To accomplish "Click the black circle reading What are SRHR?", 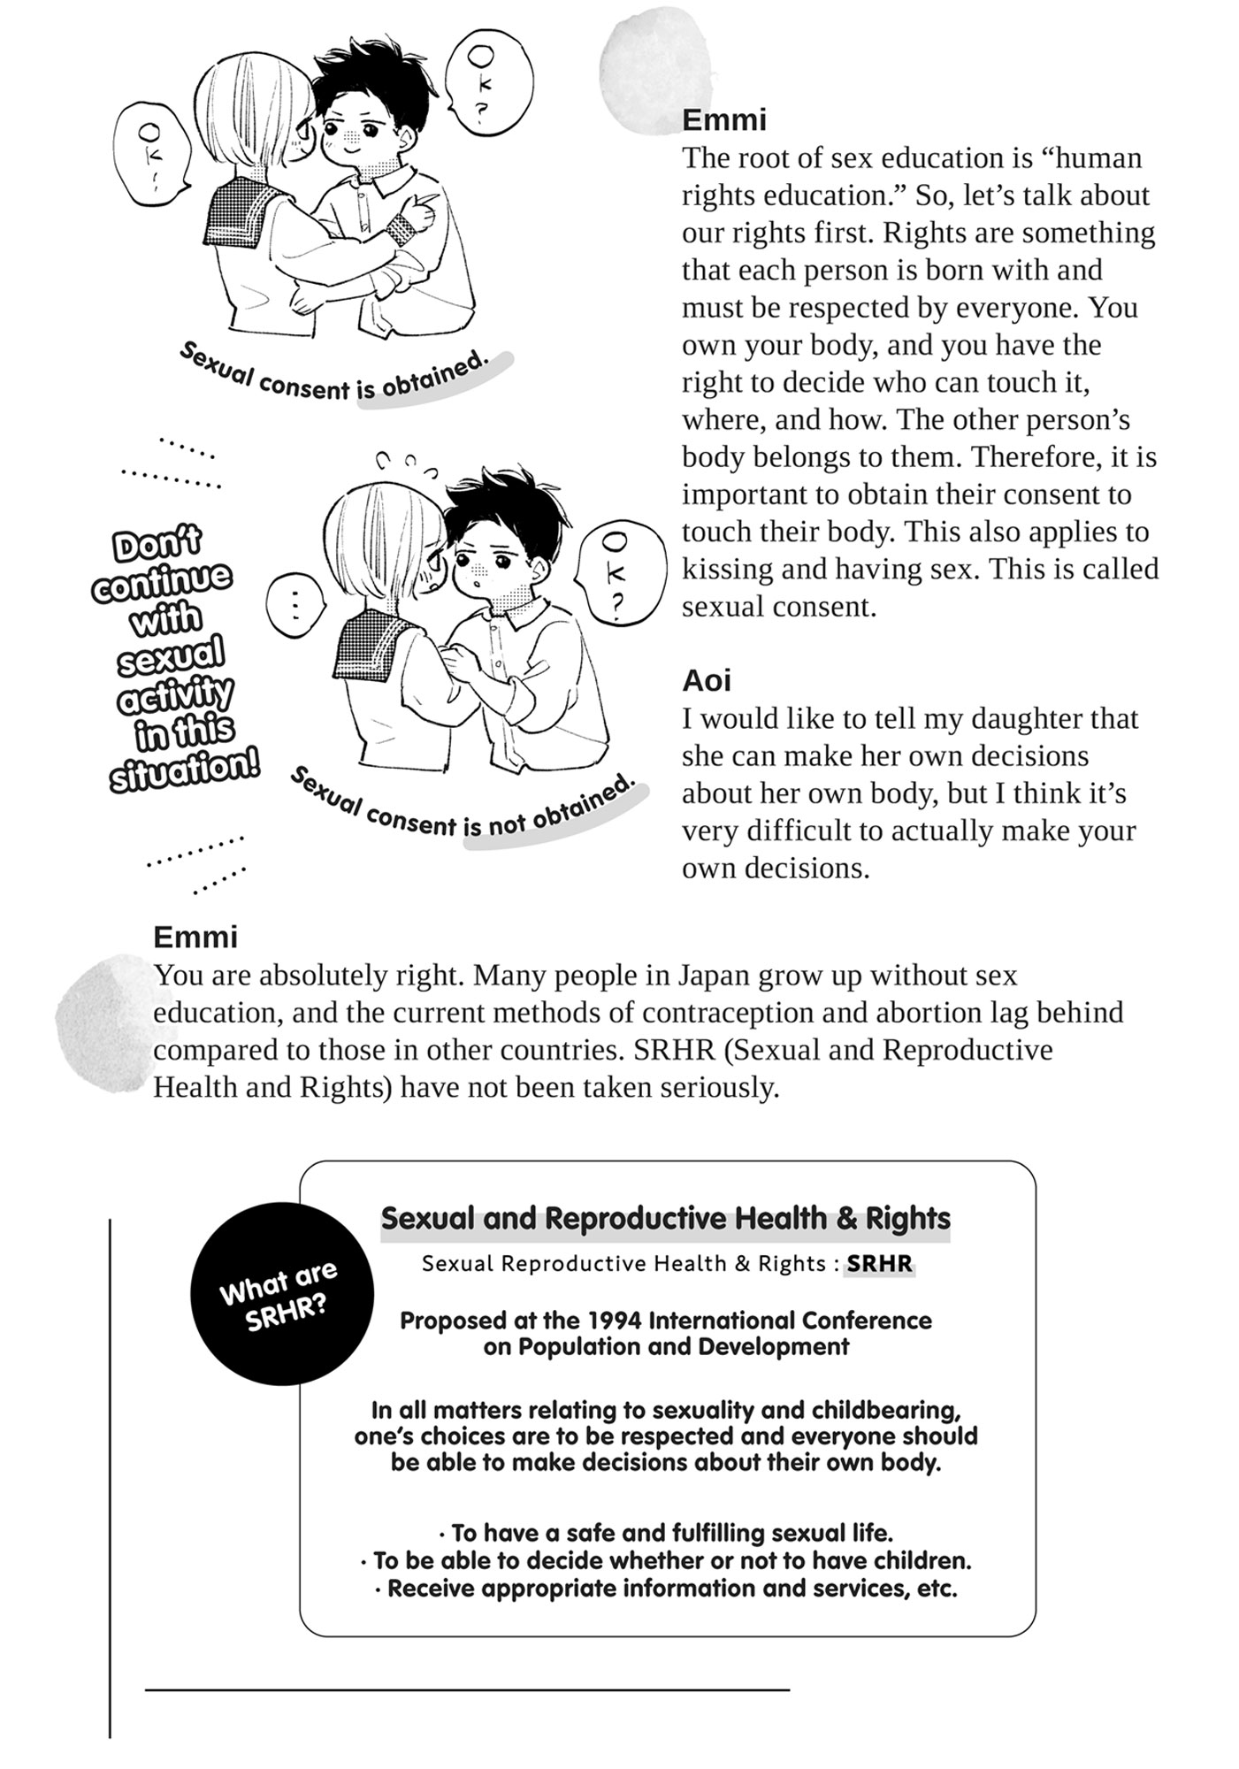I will [281, 1293].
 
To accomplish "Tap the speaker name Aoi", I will [707, 680].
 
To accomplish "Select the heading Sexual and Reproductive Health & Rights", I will [665, 1218].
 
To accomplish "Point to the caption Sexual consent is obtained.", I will [333, 376].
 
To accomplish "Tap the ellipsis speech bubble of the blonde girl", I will [295, 605].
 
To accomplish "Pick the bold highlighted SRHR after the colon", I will [879, 1263].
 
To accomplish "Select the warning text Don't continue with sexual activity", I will [170, 659].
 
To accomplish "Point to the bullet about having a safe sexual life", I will [665, 1533].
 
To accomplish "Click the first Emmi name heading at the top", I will [724, 119].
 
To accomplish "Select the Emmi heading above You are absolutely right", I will [195, 937].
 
